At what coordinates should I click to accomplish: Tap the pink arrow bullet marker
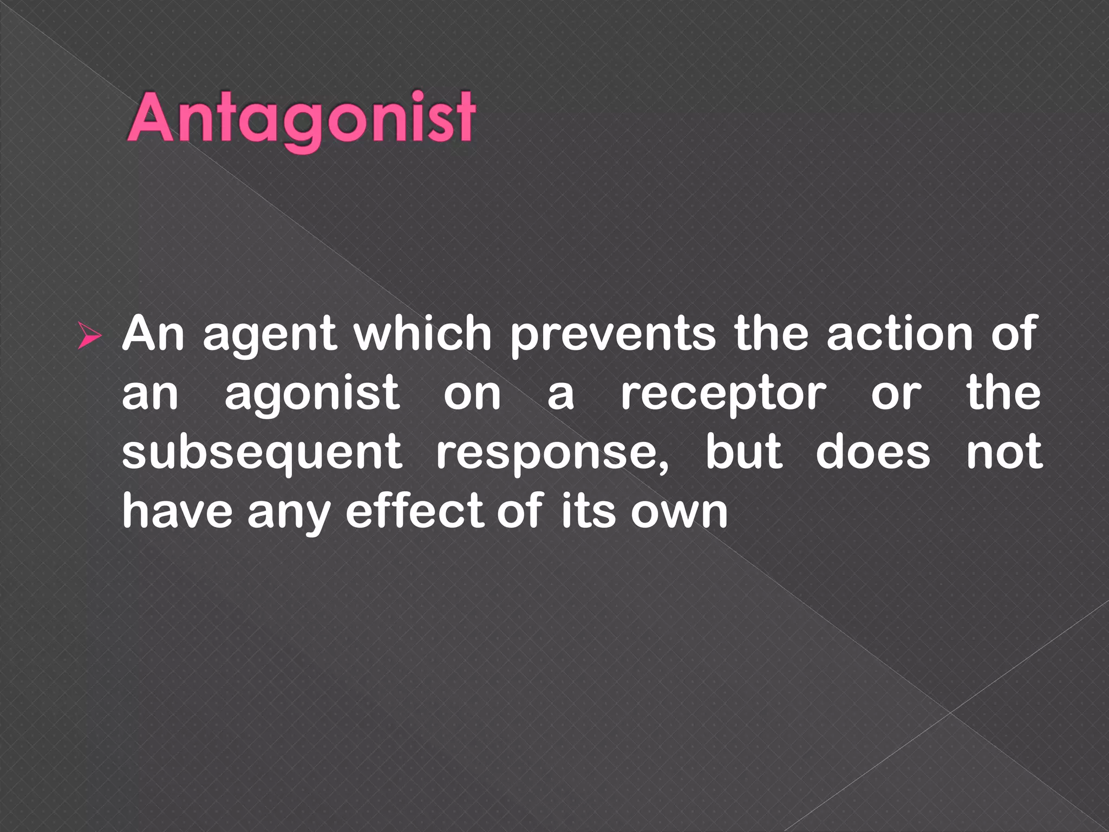click(89, 335)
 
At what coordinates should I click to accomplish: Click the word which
click(422, 334)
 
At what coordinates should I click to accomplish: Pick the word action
click(899, 334)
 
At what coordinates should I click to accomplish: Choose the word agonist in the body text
click(312, 394)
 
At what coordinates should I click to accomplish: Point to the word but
click(743, 452)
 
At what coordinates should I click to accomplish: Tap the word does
click(872, 453)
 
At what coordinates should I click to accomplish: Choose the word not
click(1004, 453)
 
